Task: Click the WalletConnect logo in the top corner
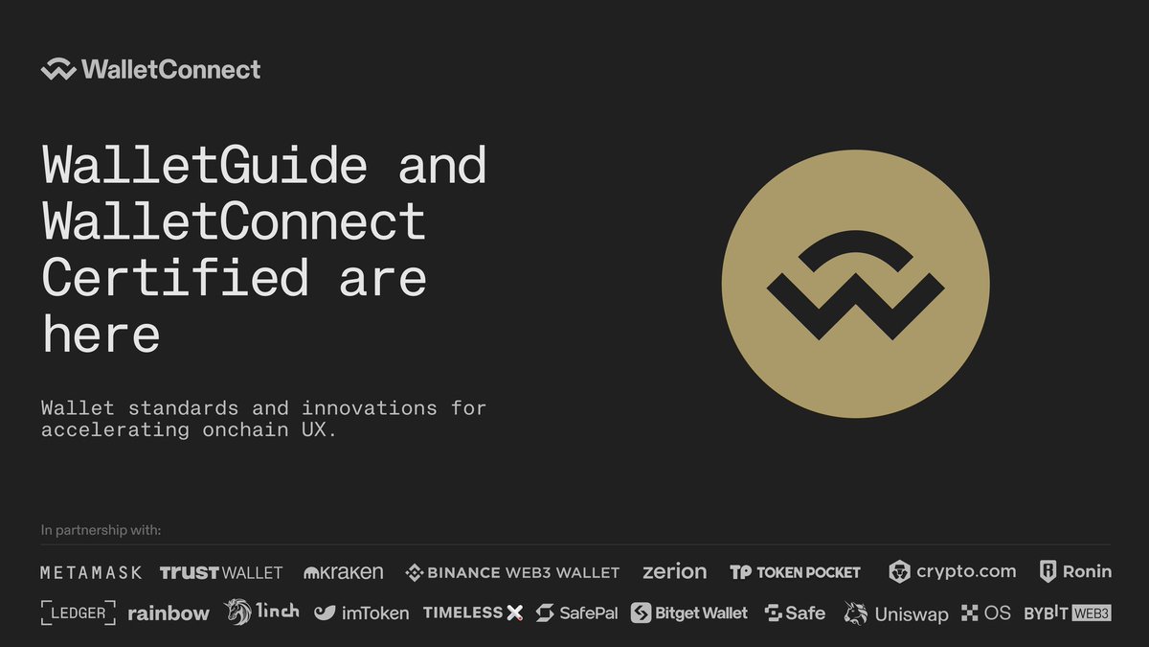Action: point(151,69)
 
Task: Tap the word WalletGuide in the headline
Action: point(205,164)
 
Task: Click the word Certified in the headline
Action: point(175,277)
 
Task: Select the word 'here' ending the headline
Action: point(101,334)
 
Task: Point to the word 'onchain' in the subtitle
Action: point(245,429)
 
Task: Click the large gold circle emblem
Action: point(856,284)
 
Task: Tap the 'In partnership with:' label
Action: point(101,530)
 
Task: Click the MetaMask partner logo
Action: point(91,572)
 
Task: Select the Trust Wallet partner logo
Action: point(221,572)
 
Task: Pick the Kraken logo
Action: point(343,571)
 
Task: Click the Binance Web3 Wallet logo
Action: point(512,572)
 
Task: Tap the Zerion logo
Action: point(674,571)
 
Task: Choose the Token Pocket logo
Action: point(795,572)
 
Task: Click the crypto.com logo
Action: point(952,571)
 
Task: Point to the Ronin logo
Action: point(1075,571)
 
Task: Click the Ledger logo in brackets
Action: point(78,612)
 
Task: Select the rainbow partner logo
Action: point(169,613)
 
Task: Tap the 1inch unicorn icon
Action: point(237,612)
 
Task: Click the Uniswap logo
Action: point(896,613)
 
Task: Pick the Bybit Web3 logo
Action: point(1068,613)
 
